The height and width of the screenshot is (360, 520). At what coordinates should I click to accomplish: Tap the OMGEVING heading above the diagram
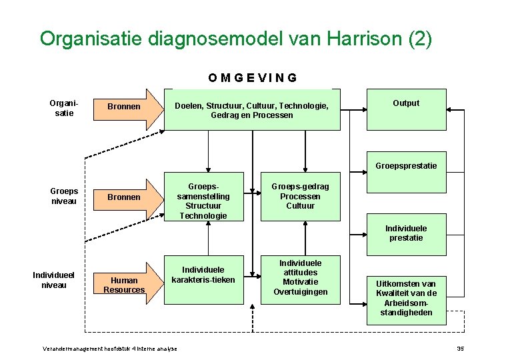click(x=252, y=77)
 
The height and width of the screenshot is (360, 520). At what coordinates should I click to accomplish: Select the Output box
click(x=406, y=109)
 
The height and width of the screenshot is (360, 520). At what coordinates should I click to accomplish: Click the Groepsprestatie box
click(x=406, y=165)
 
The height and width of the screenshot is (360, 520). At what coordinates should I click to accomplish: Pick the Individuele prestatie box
click(x=406, y=233)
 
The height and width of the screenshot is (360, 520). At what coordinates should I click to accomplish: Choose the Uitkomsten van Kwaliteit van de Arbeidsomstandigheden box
click(x=406, y=298)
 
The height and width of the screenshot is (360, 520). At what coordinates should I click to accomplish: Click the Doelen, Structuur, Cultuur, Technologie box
click(x=251, y=109)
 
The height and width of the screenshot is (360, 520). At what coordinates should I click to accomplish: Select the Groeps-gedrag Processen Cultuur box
click(x=300, y=197)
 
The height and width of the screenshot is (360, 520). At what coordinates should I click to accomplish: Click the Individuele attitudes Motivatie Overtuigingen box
click(x=300, y=278)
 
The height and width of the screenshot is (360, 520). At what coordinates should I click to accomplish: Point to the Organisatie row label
click(x=64, y=108)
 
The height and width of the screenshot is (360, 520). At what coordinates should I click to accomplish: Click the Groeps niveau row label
click(x=64, y=197)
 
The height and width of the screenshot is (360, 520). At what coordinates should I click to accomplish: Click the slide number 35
click(x=459, y=349)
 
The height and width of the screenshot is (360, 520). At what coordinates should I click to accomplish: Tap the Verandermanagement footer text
click(x=110, y=349)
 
